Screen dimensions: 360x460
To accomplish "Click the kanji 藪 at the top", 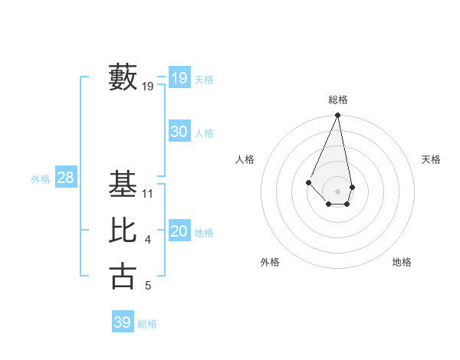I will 123,77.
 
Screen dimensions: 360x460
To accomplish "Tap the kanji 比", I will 123,231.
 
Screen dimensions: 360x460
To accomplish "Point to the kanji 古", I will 123,276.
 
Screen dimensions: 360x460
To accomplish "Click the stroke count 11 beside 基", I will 148,194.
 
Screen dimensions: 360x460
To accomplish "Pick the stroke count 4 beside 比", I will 148,241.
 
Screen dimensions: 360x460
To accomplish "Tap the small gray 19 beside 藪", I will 148,87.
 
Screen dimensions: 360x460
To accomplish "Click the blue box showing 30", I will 179,132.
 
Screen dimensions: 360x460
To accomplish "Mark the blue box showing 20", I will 179,232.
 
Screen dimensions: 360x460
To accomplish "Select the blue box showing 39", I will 123,322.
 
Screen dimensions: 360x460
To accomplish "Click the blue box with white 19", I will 179,78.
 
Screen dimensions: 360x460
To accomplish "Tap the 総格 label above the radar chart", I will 338,100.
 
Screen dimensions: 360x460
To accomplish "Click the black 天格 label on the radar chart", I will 432,159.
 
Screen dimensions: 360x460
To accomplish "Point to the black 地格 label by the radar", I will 402,262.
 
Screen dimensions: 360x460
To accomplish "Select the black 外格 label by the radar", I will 270,262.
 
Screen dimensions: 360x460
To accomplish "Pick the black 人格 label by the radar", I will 245,159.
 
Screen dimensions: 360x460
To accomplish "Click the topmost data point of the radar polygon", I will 338,116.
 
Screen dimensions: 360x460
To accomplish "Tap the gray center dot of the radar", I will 338,191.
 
